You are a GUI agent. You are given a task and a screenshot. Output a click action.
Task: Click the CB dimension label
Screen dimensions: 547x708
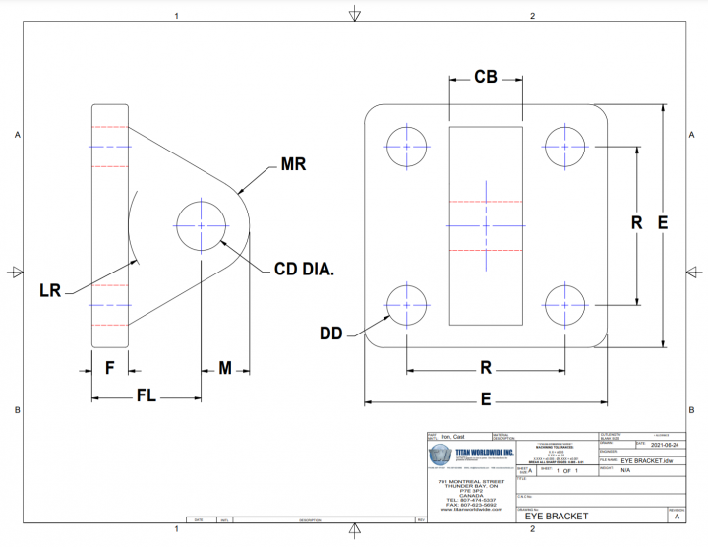pos(485,77)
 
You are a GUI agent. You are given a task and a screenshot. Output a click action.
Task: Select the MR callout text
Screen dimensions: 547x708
pos(293,164)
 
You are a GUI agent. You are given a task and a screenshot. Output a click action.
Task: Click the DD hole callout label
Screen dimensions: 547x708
pos(331,334)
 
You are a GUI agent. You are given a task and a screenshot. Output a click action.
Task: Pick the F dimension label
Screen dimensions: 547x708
pos(109,368)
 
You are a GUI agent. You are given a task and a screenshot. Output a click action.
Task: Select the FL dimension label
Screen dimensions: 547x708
pos(147,395)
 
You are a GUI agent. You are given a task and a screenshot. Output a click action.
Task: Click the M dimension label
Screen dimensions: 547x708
pos(225,368)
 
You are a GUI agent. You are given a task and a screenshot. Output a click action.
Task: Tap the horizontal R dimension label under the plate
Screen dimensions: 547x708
pos(485,368)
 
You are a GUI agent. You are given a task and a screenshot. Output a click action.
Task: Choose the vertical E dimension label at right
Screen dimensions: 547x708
pos(663,223)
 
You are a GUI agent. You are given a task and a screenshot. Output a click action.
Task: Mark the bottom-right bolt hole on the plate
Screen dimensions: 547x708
pos(564,302)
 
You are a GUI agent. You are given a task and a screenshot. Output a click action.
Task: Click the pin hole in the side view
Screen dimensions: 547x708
pos(201,224)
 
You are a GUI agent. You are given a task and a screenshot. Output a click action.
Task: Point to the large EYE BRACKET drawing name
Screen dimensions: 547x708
pos(556,516)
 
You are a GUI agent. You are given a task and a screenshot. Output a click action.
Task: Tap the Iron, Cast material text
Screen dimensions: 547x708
pos(452,436)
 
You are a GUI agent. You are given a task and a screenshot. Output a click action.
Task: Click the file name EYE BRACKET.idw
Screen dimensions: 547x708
pos(646,460)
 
